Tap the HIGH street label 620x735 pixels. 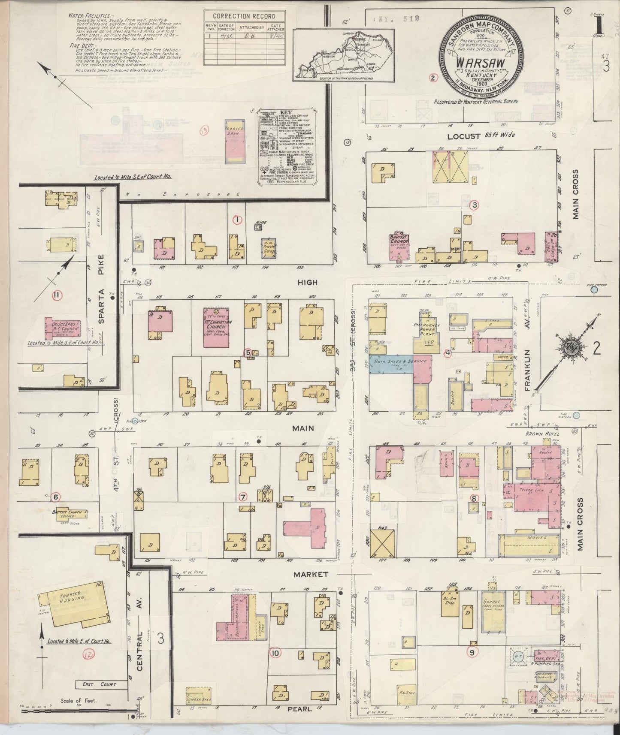coord(308,282)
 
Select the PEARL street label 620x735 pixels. coord(300,709)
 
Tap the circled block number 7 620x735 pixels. coord(243,497)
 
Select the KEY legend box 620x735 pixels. coord(290,148)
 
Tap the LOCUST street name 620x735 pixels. coord(463,136)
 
